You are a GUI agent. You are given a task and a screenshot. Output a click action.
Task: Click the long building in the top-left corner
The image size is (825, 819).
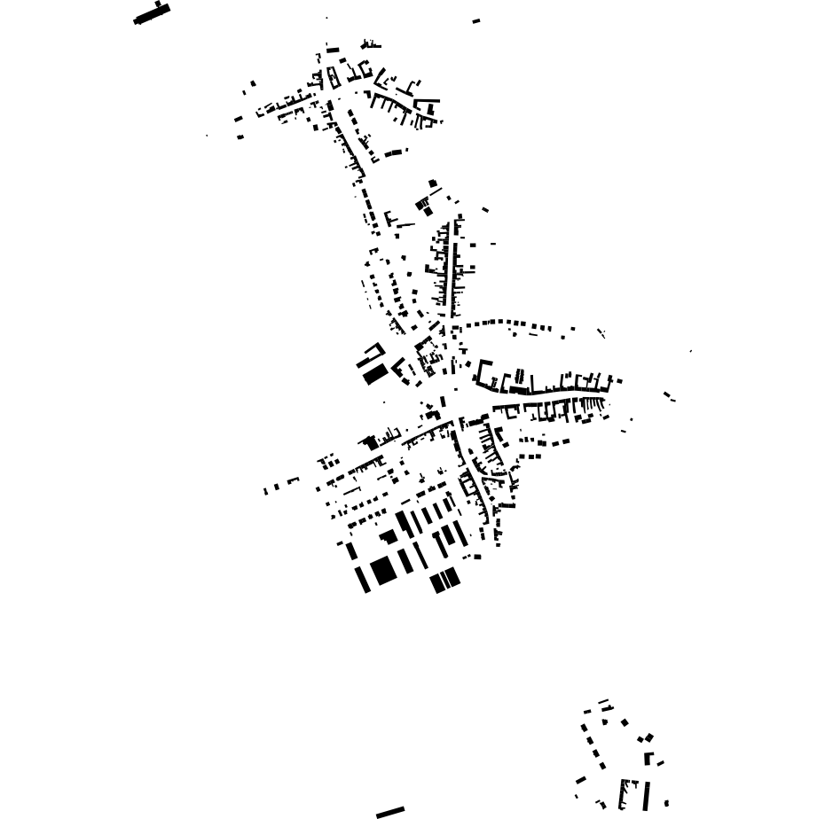(x=151, y=14)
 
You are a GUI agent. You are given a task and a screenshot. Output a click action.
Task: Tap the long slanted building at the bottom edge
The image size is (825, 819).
(x=390, y=812)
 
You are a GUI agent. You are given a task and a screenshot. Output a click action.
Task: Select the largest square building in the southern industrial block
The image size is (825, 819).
(x=383, y=570)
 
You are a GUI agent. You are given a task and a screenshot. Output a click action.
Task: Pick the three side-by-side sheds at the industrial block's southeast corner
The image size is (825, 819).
(x=445, y=581)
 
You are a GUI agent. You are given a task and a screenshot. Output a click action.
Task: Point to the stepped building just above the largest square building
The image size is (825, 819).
(x=389, y=537)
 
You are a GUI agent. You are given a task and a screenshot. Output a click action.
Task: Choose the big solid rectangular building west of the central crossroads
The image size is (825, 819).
(x=375, y=374)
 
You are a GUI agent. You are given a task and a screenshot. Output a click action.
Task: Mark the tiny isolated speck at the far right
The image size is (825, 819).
(x=691, y=351)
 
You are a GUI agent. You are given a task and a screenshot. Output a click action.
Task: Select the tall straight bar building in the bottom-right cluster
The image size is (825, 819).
(x=646, y=795)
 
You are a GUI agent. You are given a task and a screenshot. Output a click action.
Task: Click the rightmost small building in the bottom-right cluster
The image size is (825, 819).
(x=666, y=804)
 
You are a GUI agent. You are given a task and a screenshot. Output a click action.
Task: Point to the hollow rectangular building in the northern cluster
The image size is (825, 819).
(x=333, y=77)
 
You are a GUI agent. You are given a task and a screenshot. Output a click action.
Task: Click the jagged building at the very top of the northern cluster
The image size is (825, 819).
(x=370, y=44)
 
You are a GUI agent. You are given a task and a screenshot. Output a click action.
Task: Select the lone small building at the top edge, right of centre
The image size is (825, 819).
(x=476, y=20)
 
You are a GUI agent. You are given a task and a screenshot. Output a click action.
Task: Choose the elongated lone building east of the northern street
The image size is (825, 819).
(x=393, y=152)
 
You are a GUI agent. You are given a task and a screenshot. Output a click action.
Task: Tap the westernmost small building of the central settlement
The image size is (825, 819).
(x=265, y=491)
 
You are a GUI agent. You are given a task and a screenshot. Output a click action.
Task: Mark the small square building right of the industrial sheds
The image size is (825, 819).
(x=477, y=557)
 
